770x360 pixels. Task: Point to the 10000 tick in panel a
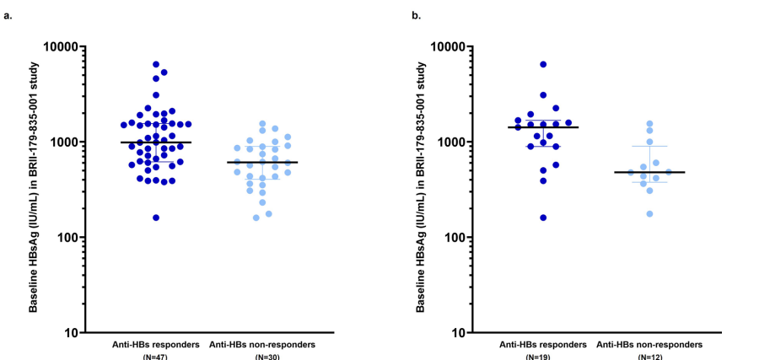click(64, 46)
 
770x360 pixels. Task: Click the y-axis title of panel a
click(35, 189)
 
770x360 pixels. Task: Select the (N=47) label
click(155, 357)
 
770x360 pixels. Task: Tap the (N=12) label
click(649, 357)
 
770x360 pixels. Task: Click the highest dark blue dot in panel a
click(156, 64)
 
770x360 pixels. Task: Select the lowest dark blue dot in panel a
click(156, 218)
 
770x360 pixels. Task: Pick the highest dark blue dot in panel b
click(543, 64)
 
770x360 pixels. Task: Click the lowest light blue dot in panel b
click(649, 213)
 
